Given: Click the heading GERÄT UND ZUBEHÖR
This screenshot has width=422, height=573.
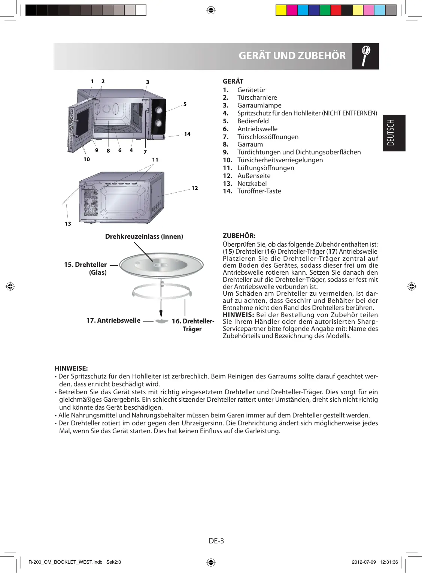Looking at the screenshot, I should point(292,56).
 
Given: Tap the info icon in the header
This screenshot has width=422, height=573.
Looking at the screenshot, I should point(365,56).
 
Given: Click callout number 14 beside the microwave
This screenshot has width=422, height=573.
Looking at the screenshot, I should point(187,134).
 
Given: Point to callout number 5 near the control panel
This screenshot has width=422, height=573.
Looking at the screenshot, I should point(185,104).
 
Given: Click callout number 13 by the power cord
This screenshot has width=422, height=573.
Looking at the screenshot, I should point(68,224).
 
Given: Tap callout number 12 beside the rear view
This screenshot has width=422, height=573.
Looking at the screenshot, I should point(195,188).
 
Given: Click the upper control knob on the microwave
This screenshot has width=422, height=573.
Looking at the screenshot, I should point(159,110).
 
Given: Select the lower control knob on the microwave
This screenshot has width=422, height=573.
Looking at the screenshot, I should point(159,123).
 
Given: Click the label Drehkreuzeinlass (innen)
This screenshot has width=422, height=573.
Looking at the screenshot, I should point(144,236).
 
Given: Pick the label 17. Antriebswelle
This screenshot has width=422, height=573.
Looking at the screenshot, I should point(113,320).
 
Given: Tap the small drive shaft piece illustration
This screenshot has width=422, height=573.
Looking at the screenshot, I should point(161,322).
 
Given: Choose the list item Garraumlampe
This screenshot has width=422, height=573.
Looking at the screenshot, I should point(259,105).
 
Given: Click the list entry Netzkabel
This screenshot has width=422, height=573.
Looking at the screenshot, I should point(252,184).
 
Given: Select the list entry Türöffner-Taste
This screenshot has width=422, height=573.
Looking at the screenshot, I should point(259,191).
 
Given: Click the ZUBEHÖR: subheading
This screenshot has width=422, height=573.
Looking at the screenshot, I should point(239,236).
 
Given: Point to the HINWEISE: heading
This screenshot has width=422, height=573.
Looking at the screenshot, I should point(71,368).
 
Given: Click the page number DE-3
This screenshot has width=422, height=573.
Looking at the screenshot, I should point(216,541).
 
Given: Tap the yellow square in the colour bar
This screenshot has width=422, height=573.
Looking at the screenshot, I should point(281,10).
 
